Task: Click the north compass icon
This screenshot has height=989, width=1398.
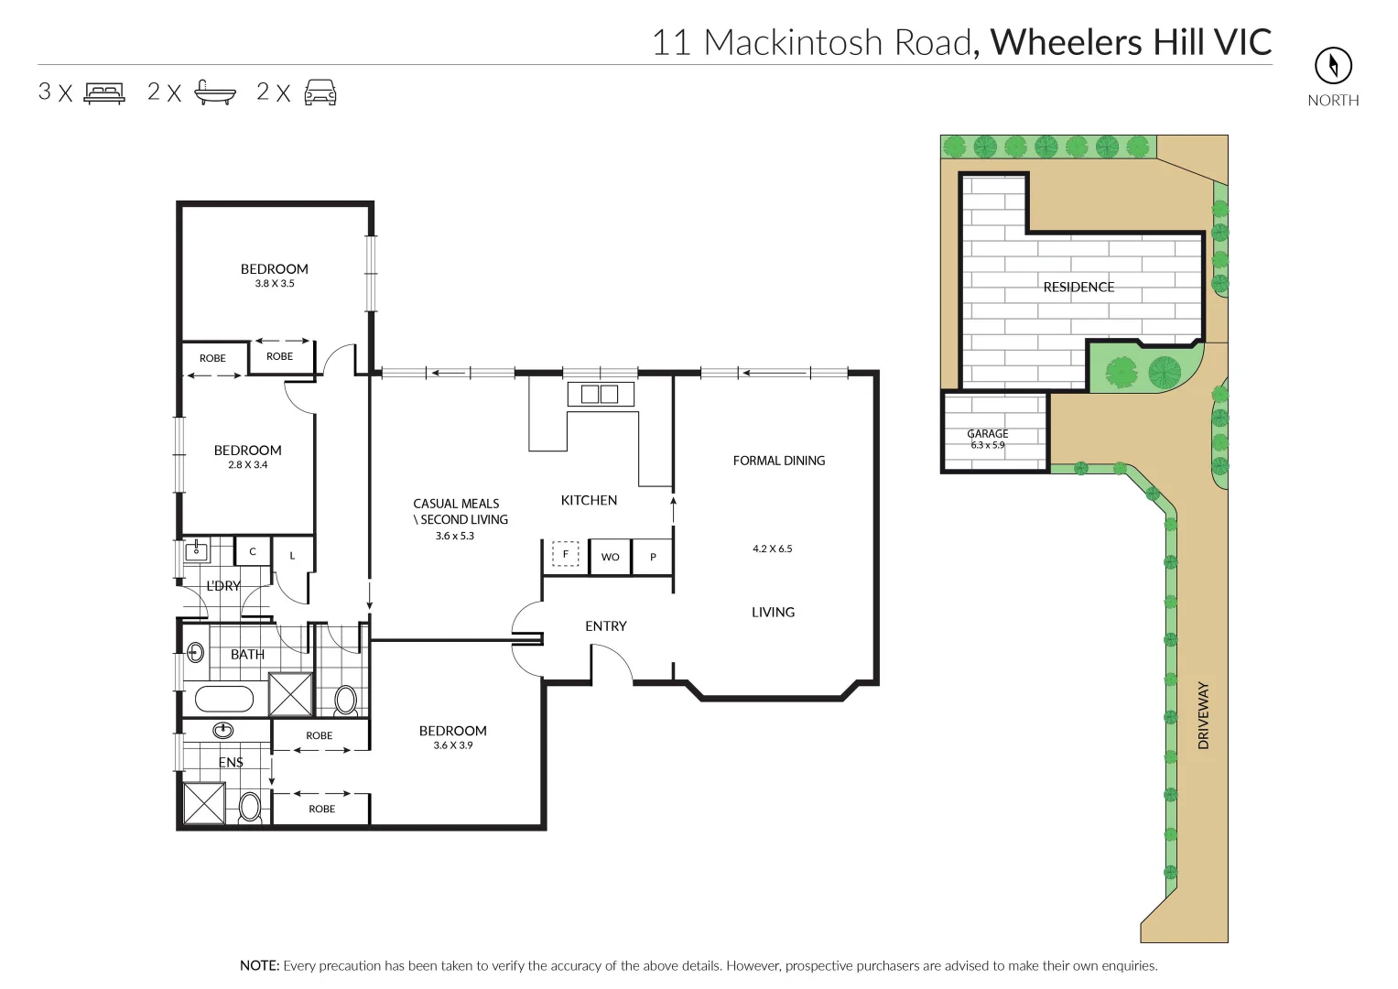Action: coord(1333,65)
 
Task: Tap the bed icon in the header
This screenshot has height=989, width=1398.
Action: coord(103,92)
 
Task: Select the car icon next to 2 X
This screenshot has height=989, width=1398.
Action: coord(320,92)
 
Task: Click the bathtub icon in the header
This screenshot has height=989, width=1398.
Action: coord(215,92)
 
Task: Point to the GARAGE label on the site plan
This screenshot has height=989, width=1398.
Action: coord(987,434)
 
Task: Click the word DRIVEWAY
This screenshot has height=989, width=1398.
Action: coord(1203,715)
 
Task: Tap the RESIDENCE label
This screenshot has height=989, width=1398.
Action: coord(1078,288)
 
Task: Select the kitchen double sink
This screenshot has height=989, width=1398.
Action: coord(601,395)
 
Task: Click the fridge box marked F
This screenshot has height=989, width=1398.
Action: coord(565,554)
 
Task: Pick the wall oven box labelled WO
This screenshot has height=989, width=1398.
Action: coord(610,557)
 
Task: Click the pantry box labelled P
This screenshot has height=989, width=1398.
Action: coord(653,557)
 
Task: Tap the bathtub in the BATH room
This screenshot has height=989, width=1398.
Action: coord(224,700)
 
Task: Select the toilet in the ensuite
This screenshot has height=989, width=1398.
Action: coord(249,807)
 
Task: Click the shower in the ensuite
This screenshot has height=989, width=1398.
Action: coord(204,803)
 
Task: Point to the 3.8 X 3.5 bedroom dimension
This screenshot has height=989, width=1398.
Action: coord(275,284)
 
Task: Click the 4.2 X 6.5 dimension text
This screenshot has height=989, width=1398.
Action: coord(772,549)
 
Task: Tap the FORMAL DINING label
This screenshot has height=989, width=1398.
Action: coord(778,461)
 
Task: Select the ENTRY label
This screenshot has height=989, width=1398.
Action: coord(605,626)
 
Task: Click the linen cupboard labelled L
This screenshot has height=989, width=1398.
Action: coord(292,556)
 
